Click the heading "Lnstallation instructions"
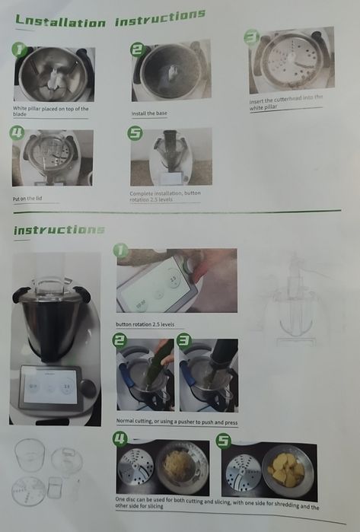pyautogui.click(x=110, y=18)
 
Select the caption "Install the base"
pyautogui.click(x=148, y=113)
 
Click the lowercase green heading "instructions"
pyautogui.click(x=59, y=229)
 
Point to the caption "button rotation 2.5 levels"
pyautogui.click(x=145, y=323)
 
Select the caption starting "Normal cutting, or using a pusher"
pyautogui.click(x=176, y=421)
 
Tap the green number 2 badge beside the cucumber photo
pyautogui.click(x=120, y=341)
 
